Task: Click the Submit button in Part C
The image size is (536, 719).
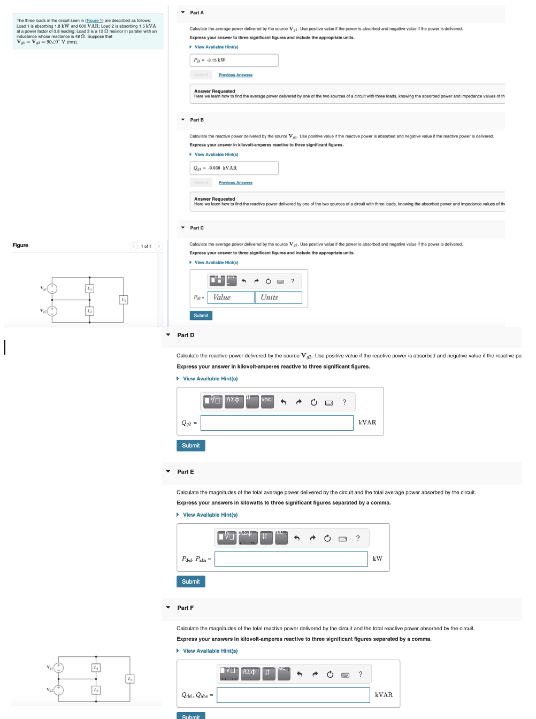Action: pos(201,316)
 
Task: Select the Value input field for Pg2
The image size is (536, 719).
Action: pos(231,297)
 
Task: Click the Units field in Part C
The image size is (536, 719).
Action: pos(278,297)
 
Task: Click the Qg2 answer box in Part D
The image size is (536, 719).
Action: pos(277,423)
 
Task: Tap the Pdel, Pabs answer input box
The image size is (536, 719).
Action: pos(291,559)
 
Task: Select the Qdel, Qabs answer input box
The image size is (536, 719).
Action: pos(293,695)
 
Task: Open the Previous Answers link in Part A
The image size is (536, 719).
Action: pos(235,75)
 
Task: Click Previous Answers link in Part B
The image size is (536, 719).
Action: pos(235,183)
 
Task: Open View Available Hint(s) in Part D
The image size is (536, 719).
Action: pos(210,379)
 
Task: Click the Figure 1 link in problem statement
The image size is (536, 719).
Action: pos(94,20)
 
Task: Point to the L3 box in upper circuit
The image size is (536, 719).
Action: pos(124,300)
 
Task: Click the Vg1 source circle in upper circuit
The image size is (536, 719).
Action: pos(52,289)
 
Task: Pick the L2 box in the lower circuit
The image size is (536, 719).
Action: pos(96,690)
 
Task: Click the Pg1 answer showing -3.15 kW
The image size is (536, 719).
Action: pos(234,60)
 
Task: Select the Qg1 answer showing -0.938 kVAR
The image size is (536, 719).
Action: pos(234,168)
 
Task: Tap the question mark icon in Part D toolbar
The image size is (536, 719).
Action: pos(344,402)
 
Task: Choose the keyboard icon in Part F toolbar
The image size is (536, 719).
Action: pos(346,675)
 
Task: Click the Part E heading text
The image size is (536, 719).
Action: pos(186,472)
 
